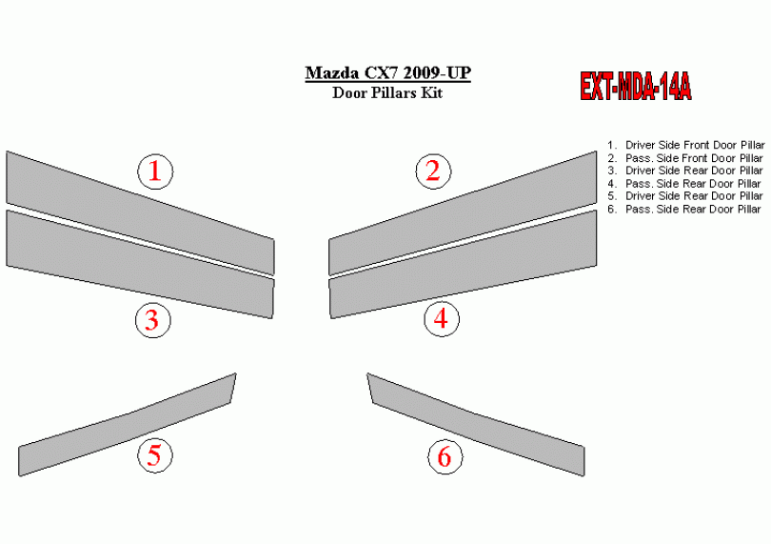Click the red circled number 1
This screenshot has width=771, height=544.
[x=155, y=171]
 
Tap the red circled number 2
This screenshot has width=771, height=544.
[x=433, y=171]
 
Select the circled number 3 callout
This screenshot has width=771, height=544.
[x=153, y=320]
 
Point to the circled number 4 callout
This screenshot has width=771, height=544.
[x=442, y=318]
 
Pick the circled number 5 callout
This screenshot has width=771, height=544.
[x=155, y=454]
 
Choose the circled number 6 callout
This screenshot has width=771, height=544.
[x=445, y=456]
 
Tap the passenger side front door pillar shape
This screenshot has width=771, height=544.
[x=463, y=213]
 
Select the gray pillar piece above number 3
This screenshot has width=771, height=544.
[x=140, y=264]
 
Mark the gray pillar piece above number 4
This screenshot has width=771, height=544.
[x=463, y=264]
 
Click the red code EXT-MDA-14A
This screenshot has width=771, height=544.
[x=635, y=87]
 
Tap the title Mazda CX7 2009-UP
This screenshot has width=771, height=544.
[x=388, y=73]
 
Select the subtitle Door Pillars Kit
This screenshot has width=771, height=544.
[x=387, y=92]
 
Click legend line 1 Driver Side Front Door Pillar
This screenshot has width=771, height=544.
[x=686, y=145]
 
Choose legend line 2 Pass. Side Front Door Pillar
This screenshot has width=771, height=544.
[x=685, y=158]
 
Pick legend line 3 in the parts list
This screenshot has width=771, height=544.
[x=685, y=171]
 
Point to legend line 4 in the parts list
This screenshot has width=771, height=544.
[x=684, y=184]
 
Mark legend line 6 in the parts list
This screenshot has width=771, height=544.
[x=684, y=210]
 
